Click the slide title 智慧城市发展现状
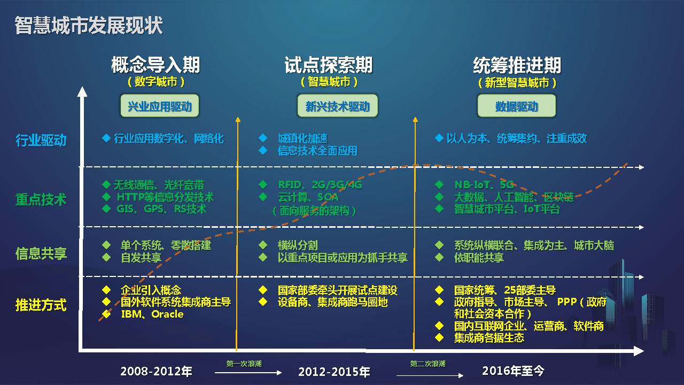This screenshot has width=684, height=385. tap(89, 25)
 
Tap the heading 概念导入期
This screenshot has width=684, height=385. tap(156, 65)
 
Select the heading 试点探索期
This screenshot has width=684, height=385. tap(329, 65)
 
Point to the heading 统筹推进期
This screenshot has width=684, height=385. tap(517, 65)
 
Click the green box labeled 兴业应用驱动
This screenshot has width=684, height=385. tap(160, 106)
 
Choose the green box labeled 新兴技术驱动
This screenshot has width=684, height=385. tap(338, 106)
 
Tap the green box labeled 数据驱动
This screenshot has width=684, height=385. tap(517, 106)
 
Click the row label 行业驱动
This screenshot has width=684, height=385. tap(41, 140)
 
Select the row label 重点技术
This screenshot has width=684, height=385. tap(41, 200)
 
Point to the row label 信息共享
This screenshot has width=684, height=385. tap(41, 253)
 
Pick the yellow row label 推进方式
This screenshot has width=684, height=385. tap(41, 305)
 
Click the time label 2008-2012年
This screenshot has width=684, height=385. tap(157, 371)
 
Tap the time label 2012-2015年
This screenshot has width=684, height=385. tap(334, 372)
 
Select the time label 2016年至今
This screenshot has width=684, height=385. tap(514, 371)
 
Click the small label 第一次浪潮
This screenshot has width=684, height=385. tap(244, 364)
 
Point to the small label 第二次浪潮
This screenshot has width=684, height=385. tap(428, 364)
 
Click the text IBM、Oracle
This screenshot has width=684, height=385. tap(152, 314)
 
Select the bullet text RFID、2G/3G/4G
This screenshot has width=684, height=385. tap(320, 184)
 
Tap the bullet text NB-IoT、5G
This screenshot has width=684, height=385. tap(484, 184)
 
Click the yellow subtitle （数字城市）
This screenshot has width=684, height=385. tap(156, 82)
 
